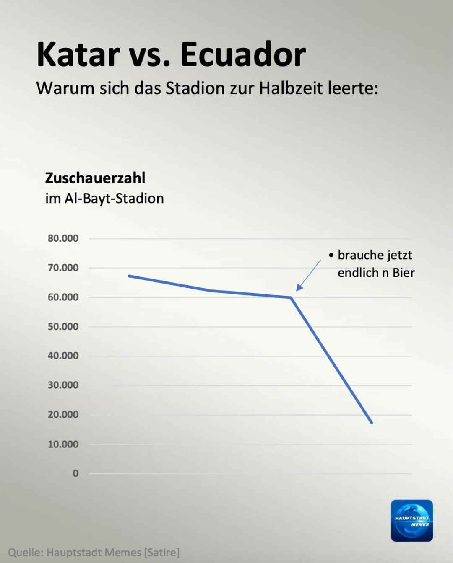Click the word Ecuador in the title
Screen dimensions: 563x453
[x=243, y=55]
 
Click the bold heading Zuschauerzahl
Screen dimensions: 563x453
[x=95, y=178]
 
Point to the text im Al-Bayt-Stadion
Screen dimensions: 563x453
[x=104, y=198]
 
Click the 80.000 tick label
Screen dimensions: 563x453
[x=63, y=238]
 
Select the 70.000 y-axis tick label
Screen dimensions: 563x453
[x=63, y=268]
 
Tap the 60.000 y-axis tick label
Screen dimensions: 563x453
[x=63, y=297]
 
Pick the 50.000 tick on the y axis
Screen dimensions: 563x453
[x=63, y=327]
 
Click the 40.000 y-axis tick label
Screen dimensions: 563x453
[x=63, y=356]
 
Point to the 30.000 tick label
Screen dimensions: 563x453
[x=63, y=385]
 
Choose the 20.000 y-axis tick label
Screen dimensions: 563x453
[x=63, y=414]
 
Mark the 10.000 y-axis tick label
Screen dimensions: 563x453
[x=63, y=444]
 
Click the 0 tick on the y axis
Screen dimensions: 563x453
[x=75, y=473]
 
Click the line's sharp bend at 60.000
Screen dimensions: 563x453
[x=291, y=297]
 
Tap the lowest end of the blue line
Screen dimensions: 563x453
[x=371, y=422]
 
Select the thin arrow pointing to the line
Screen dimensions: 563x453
[x=308, y=275]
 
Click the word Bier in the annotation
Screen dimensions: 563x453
[x=404, y=273]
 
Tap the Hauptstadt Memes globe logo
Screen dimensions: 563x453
[x=411, y=521]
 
